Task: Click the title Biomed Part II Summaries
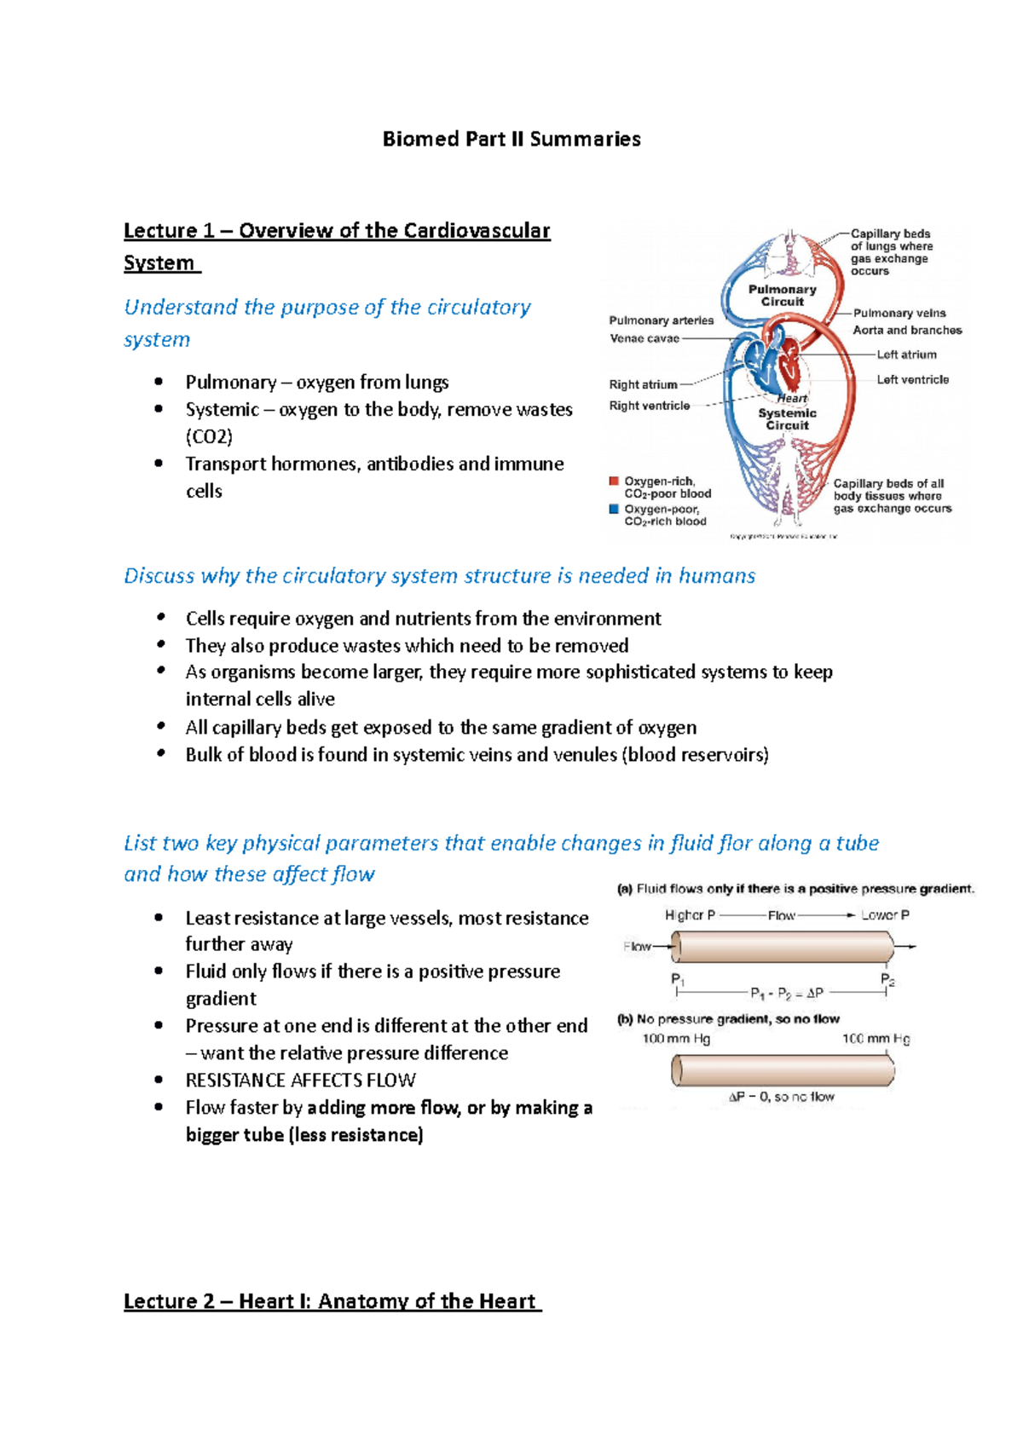511,139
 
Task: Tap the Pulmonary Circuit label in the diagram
782,296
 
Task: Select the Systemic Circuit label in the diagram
787,419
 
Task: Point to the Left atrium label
907,355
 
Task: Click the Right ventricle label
650,406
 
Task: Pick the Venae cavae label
644,338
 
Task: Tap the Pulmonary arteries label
661,320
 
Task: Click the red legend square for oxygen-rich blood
614,481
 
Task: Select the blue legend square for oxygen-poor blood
614,510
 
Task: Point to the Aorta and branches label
907,330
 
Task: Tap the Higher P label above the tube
690,915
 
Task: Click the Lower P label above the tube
885,915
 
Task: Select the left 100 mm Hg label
676,1039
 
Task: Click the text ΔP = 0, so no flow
781,1097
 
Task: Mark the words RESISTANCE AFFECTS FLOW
300,1081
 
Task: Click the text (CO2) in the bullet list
209,437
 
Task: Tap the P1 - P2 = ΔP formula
786,993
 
